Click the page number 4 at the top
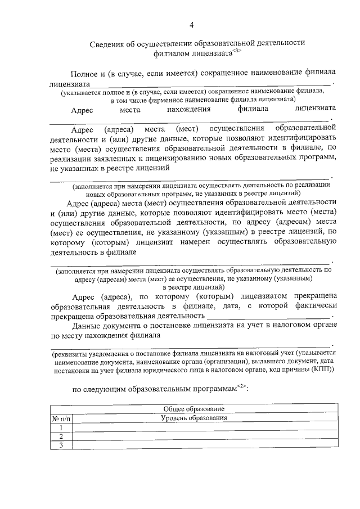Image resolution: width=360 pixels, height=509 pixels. click(x=191, y=25)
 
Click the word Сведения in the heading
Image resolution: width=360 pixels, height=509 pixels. click(x=108, y=43)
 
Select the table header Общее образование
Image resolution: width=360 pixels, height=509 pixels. click(x=193, y=408)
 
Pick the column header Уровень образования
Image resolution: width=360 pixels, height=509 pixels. click(x=193, y=418)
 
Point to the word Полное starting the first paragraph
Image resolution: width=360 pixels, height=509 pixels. click(x=83, y=74)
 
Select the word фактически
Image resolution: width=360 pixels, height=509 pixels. click(x=316, y=305)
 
